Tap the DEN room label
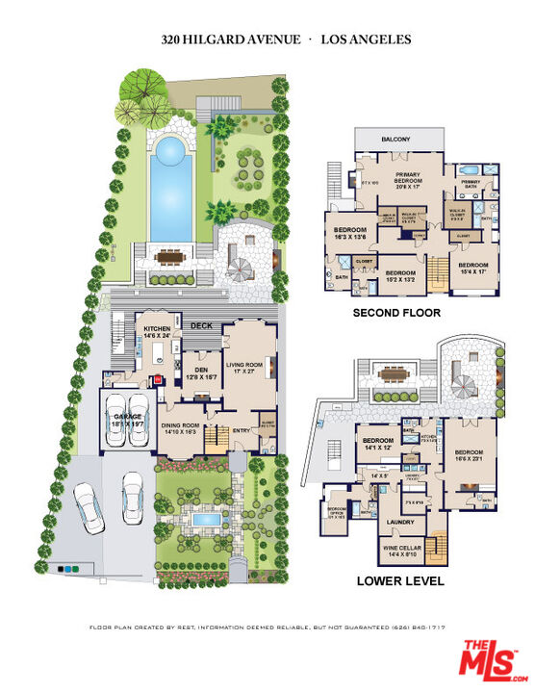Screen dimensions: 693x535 coord(202,372)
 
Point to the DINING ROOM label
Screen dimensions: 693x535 coord(179,428)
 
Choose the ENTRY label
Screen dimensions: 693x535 coord(240,430)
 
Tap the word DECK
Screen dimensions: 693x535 coord(200,326)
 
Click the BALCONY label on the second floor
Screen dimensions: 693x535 coord(395,140)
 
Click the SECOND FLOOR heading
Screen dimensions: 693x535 coord(396,314)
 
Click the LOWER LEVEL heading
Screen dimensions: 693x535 coord(399,580)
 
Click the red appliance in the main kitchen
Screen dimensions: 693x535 coord(160,379)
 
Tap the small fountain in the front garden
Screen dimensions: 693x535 coord(203,521)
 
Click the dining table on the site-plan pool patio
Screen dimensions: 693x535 coord(172,257)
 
